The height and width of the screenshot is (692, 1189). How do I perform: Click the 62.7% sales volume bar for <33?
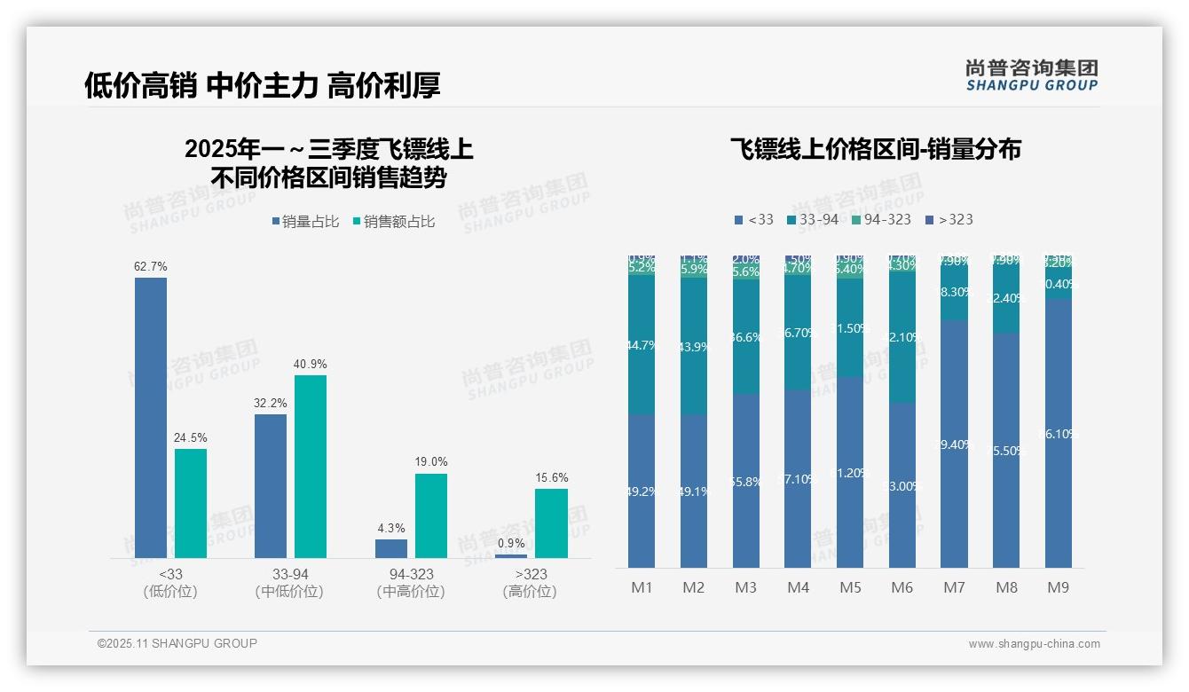click(151, 417)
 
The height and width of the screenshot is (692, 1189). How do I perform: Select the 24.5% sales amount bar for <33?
click(191, 503)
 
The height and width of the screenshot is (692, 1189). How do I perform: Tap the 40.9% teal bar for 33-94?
click(311, 466)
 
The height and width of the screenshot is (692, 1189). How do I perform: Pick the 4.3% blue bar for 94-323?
click(391, 548)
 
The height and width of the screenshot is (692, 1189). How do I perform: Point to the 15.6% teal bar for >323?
click(551, 523)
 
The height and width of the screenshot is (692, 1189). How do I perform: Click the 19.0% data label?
click(431, 462)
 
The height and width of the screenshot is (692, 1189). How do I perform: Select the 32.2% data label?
click(271, 403)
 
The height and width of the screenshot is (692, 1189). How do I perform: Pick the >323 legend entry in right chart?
click(949, 219)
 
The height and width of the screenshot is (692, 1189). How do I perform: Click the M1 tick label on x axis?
click(642, 587)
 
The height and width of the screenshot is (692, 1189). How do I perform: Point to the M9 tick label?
click(1059, 587)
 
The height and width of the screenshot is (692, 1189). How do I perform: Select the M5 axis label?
click(850, 587)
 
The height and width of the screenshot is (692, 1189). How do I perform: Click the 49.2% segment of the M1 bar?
click(642, 491)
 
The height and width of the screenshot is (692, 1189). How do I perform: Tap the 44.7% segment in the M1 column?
click(642, 345)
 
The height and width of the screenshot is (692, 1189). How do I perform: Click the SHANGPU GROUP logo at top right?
click(1032, 75)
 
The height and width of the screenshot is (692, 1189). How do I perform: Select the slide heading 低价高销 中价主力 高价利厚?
click(262, 85)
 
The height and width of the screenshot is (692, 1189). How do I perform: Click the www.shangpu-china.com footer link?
click(1034, 644)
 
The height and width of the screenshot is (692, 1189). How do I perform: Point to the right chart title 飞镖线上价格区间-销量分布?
click(875, 149)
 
